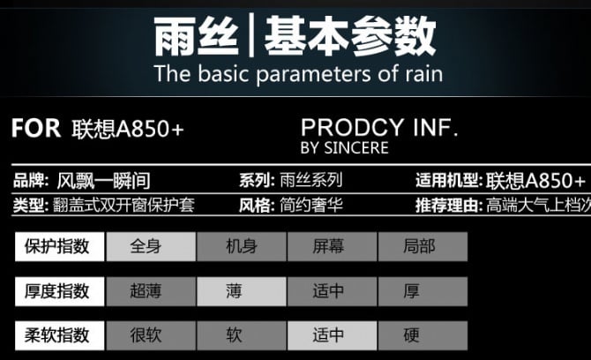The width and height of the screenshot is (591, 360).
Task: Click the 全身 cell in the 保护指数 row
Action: point(151,246)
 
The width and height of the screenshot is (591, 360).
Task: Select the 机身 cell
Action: point(241,246)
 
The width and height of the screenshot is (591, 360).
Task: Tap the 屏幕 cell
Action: point(332,246)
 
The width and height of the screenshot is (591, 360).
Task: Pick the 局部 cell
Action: point(423,246)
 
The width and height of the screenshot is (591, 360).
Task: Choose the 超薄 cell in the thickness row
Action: point(151,291)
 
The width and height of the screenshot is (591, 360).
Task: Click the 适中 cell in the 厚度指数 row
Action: point(332,291)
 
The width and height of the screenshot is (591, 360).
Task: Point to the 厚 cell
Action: point(423,291)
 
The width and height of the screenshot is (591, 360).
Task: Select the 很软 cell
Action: point(151,335)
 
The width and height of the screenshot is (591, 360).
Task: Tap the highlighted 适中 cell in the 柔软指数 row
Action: point(332,335)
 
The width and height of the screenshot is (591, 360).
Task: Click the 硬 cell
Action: point(423,335)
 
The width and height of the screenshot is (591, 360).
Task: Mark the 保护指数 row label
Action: point(60,246)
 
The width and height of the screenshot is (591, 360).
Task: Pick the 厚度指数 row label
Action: point(60,291)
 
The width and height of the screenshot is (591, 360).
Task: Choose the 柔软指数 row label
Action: point(60,335)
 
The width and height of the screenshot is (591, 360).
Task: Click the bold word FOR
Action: point(36,128)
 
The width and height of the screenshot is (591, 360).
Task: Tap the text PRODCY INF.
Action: point(379,127)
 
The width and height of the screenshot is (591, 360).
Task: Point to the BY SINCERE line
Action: point(345,147)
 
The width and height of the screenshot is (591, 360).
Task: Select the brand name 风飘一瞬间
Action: point(104,181)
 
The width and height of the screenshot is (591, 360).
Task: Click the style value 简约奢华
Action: point(311,206)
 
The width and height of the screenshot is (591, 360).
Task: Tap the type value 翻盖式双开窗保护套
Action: point(123,206)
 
